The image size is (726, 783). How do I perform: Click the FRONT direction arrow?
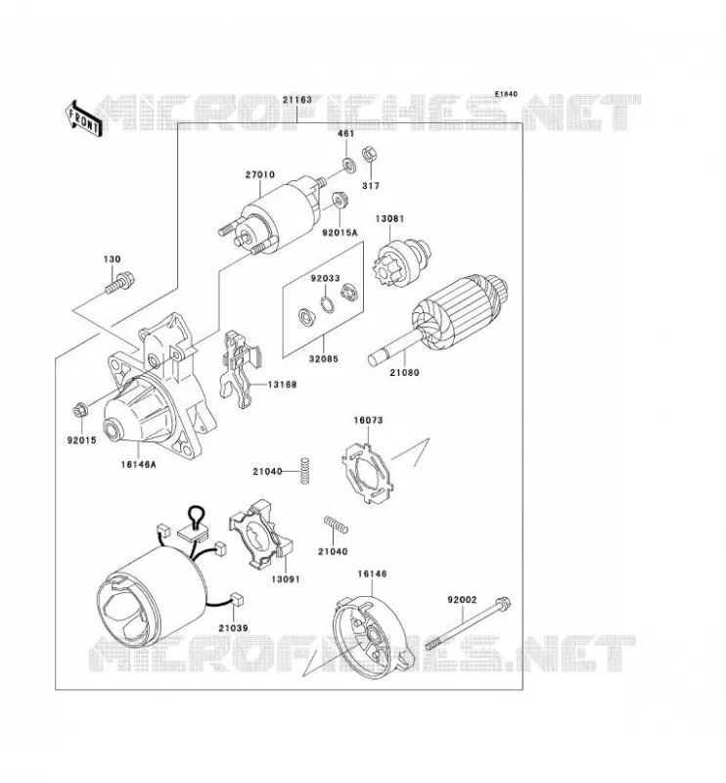(x=83, y=119)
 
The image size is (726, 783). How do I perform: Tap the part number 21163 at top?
(x=297, y=100)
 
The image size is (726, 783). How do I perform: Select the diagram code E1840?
(x=506, y=94)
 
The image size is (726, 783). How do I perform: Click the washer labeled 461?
(x=349, y=163)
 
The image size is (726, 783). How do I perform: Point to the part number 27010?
(x=259, y=175)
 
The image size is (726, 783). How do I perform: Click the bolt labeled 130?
(x=120, y=282)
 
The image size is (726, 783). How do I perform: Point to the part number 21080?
(x=404, y=373)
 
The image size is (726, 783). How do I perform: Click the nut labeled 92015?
(x=79, y=411)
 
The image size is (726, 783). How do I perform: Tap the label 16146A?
(x=138, y=464)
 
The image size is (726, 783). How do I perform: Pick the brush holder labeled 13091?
(x=260, y=535)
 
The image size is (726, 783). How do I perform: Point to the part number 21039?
(x=233, y=628)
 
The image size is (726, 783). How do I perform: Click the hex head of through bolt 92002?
(x=503, y=604)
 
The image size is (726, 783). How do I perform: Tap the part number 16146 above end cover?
(x=372, y=575)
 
